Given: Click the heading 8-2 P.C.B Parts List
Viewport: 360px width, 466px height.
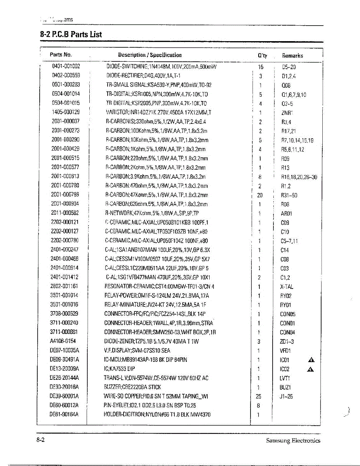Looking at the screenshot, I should coord(71,34).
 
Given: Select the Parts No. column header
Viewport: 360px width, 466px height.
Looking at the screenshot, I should coord(61,55).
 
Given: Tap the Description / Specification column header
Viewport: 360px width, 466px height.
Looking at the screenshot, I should coord(150,55).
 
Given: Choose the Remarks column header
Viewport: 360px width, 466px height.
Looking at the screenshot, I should coord(292,56).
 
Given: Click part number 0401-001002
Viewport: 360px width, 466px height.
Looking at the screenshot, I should coord(66,67).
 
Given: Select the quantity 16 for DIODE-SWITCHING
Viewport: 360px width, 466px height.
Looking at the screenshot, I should coord(261,67).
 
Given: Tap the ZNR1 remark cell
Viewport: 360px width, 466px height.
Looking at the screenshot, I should coord(287,113).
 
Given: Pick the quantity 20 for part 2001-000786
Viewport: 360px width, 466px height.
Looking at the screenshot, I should coord(260,195).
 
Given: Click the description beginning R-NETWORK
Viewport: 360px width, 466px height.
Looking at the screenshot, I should coord(152,213).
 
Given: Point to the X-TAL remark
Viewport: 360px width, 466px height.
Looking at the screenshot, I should coord(287,287).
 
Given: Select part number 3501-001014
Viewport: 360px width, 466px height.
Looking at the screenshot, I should coord(64,296).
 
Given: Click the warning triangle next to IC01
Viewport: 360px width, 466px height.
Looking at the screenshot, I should coord(311,360).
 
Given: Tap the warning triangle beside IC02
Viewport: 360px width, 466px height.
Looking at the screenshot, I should coord(311,369).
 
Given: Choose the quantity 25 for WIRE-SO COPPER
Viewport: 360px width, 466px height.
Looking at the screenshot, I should coord(259,396).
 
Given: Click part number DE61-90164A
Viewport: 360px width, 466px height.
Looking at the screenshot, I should coord(64,415).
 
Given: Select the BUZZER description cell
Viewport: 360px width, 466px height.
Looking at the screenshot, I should coord(132,387).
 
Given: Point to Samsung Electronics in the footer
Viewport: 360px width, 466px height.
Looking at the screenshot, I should coord(293,440).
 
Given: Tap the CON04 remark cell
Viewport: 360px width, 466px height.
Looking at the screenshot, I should coord(287,332).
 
